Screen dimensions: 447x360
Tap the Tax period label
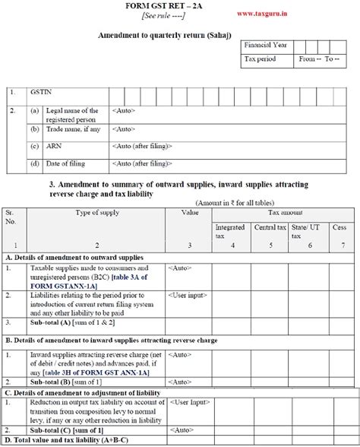tap(261, 58)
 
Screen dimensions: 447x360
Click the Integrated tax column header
tap(230, 231)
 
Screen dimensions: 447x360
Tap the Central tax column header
tap(270, 227)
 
